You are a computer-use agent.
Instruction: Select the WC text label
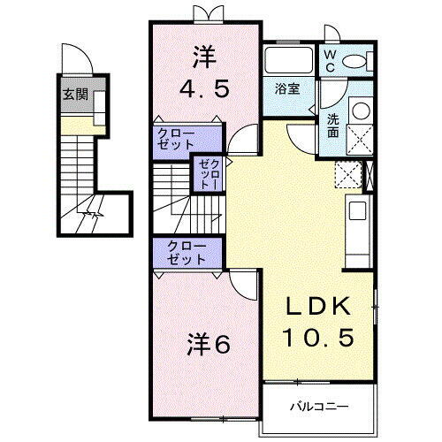coord(329,59)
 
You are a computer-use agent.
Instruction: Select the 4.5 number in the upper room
coord(203,88)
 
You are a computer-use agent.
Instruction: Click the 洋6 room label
coord(209,343)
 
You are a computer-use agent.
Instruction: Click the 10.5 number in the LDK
coord(319,337)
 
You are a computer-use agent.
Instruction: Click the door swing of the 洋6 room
coord(242,283)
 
